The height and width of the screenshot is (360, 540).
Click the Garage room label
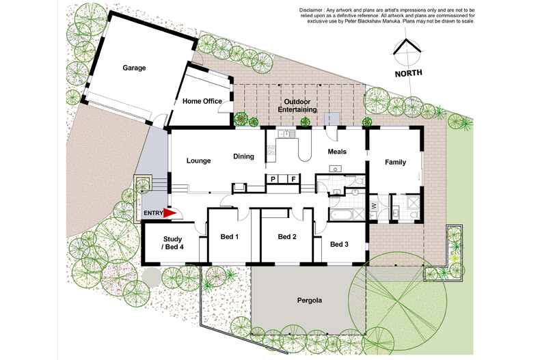click(134, 68)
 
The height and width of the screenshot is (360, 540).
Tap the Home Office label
click(202, 101)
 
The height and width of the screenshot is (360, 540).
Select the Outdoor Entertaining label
click(297, 106)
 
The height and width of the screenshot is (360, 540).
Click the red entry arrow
click(170, 213)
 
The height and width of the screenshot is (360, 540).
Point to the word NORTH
click(408, 73)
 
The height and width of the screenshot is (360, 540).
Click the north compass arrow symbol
click(408, 46)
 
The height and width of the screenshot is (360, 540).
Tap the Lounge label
click(199, 161)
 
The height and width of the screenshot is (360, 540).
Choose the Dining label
click(243, 156)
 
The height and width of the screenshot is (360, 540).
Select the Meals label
click(337, 152)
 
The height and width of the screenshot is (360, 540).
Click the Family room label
click(395, 162)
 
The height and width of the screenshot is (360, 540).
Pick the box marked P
click(273, 179)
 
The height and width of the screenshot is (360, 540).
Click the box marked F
click(293, 179)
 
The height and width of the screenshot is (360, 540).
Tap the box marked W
click(374, 207)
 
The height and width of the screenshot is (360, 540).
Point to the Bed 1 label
click(230, 237)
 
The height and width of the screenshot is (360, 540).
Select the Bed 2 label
click(287, 237)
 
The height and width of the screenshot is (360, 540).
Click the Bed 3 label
click(339, 245)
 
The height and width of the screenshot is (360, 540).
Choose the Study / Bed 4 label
click(172, 243)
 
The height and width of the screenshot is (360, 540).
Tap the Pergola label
click(310, 301)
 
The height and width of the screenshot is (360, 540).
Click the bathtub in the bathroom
click(341, 214)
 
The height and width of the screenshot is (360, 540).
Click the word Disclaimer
click(310, 10)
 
